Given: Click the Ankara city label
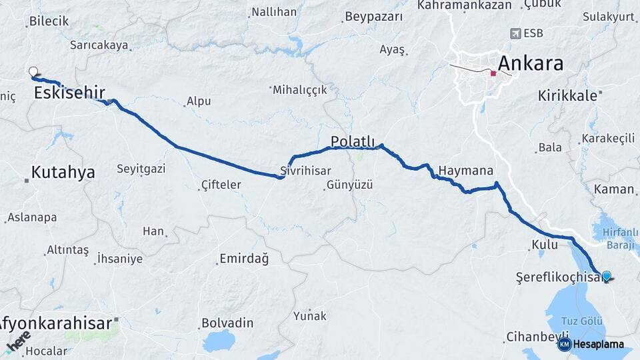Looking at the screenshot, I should click(531, 64).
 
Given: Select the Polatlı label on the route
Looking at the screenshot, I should click(353, 141).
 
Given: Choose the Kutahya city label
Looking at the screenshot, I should click(63, 172).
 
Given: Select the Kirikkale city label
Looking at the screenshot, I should click(567, 96).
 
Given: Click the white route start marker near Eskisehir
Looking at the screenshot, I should click(33, 71).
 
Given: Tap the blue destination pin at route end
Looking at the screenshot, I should click(607, 276).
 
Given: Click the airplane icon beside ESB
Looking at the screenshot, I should click(515, 33).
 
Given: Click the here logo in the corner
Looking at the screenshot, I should click(18, 343).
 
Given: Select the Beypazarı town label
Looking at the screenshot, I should click(374, 17).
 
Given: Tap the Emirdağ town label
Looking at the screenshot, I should click(244, 259).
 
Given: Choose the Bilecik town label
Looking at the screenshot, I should click(49, 21).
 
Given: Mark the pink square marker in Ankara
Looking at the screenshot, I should click(493, 73).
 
